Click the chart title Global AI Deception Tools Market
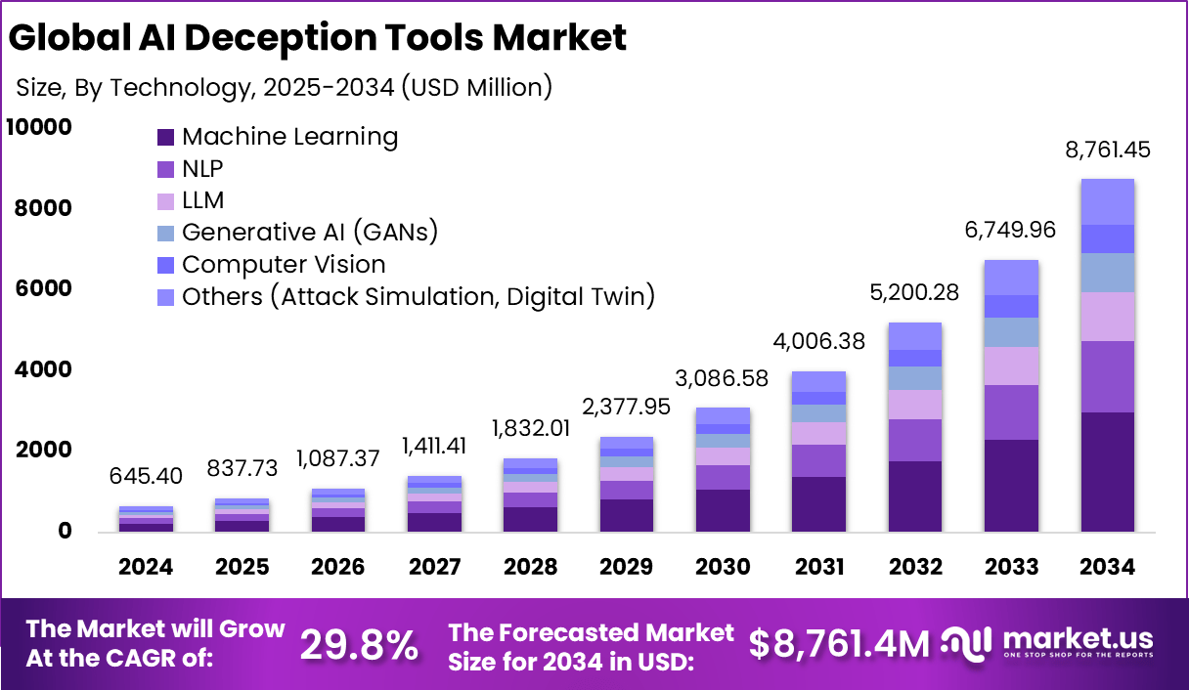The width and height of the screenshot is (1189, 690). [317, 37]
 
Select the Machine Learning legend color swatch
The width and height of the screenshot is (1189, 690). [165, 137]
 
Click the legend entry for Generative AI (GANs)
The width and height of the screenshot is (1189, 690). [309, 233]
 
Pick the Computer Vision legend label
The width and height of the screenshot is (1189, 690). [284, 265]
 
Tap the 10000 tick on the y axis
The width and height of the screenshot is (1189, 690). [39, 128]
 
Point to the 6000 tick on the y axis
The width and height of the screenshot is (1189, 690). [44, 289]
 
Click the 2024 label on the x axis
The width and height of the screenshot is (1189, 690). [146, 567]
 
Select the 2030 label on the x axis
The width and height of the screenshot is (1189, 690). [723, 567]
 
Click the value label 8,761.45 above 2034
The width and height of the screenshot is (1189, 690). [1107, 151]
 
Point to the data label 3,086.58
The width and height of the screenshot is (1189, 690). [723, 378]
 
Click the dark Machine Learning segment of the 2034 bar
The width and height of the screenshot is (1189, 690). [1107, 472]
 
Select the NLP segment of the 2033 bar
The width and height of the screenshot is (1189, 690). [1011, 412]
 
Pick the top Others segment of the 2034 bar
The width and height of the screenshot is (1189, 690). [1107, 201]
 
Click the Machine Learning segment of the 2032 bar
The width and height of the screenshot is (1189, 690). [915, 496]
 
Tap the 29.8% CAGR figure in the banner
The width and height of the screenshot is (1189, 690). [359, 644]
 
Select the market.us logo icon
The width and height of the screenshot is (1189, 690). [968, 642]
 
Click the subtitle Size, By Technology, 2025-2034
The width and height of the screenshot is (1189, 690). [284, 87]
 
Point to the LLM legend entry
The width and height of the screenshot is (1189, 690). [202, 200]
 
